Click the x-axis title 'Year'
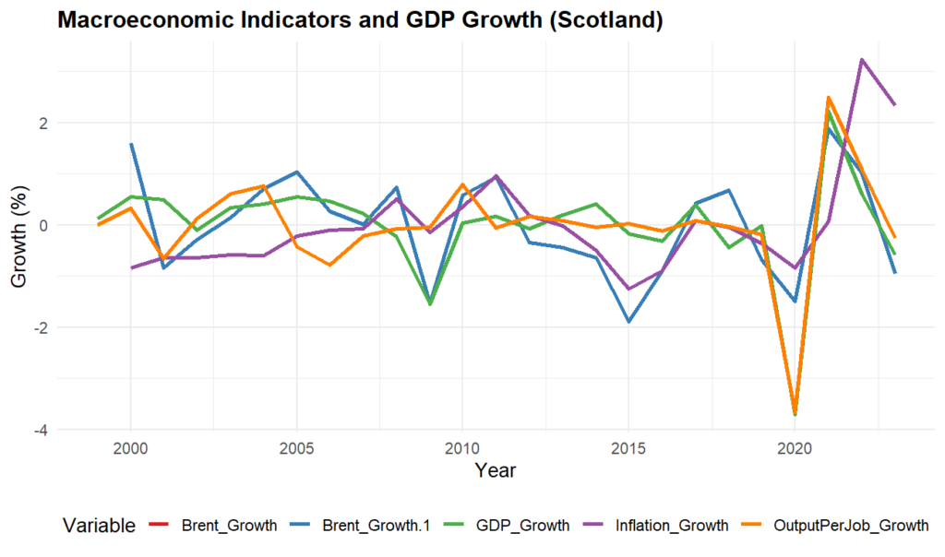(495, 470)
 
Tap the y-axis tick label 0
(44, 225)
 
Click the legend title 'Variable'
(99, 527)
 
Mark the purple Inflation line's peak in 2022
(861, 60)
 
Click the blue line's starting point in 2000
(131, 144)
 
